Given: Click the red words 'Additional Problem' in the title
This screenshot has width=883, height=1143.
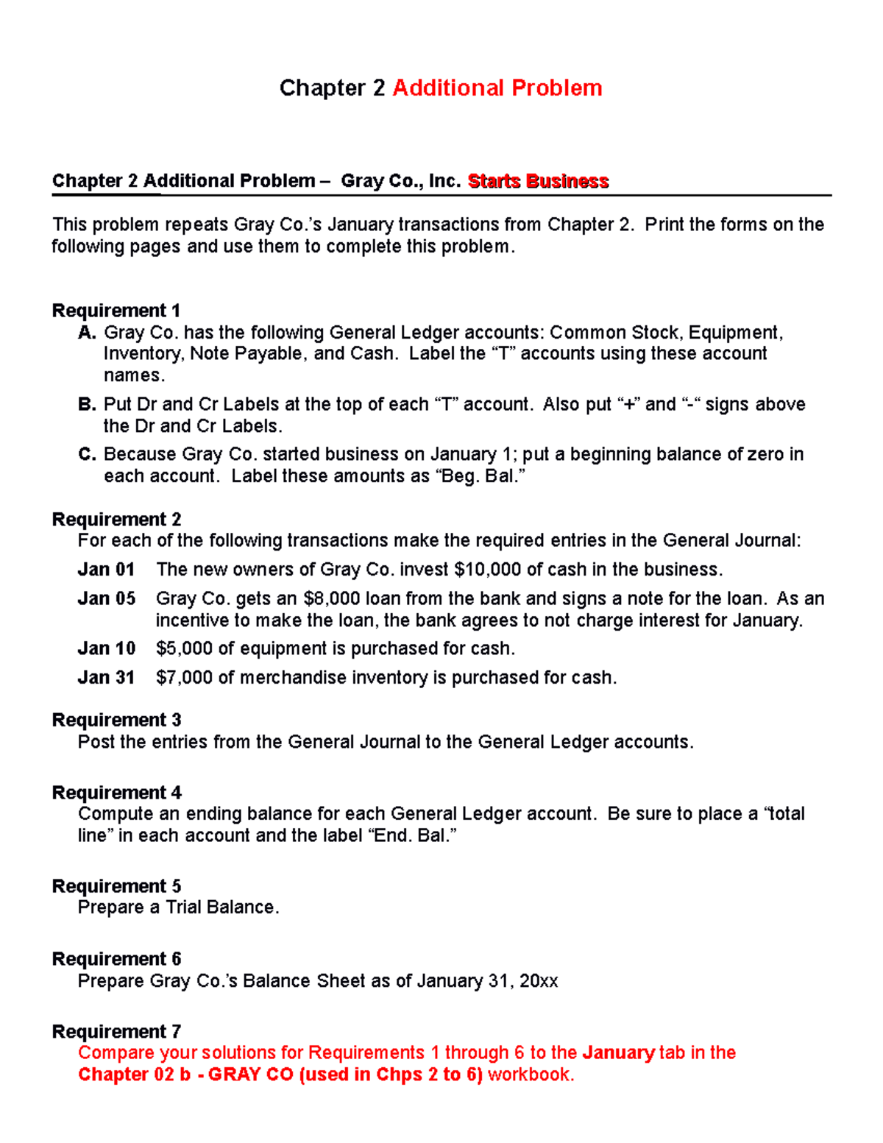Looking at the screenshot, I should [497, 88].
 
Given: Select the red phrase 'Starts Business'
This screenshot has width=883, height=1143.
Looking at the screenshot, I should [538, 181].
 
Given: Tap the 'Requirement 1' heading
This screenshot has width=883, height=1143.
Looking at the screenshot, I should [116, 311].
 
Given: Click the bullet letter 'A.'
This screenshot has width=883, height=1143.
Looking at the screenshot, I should [87, 333].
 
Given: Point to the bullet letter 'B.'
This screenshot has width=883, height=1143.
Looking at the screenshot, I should [87, 404].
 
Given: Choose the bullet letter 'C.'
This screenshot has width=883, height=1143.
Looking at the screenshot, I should [87, 454].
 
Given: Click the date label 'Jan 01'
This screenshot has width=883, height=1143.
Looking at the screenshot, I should [106, 570].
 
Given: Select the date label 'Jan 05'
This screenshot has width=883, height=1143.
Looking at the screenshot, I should [106, 598].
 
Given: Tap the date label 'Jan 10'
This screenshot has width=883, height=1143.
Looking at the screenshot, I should [106, 648].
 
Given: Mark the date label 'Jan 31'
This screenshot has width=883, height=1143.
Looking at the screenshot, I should [106, 677].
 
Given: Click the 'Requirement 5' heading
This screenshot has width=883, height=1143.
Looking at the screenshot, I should [116, 886].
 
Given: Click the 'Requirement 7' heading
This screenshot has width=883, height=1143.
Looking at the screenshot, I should [116, 1032].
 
